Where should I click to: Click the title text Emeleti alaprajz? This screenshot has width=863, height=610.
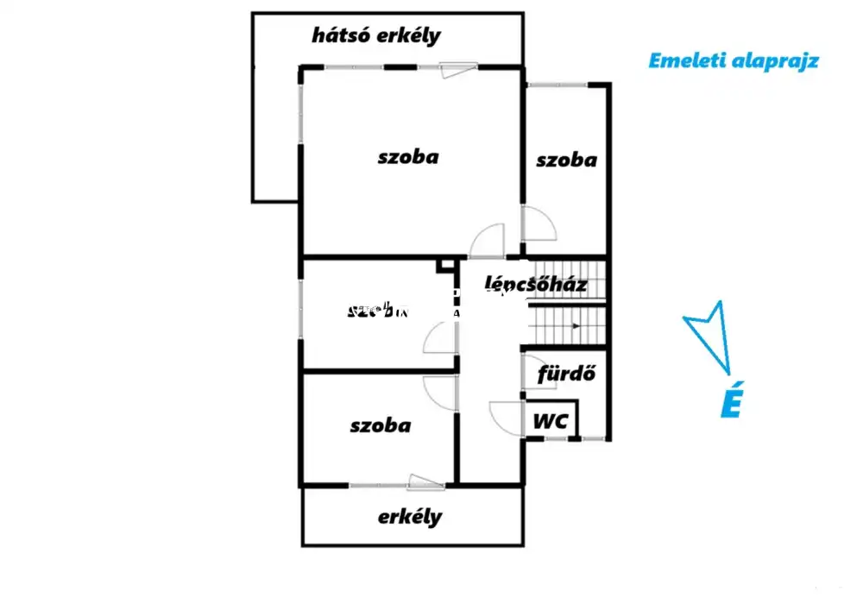coord(733,60)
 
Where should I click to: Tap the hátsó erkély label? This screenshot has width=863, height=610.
coord(376,36)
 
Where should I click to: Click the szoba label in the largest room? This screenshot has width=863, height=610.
coord(408,157)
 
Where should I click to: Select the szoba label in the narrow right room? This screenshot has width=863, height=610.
coord(566,160)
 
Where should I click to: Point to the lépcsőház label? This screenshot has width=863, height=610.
coord(536,284)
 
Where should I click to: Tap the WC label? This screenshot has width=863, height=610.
coord(551,422)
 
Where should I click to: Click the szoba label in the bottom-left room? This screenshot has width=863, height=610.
coord(381,425)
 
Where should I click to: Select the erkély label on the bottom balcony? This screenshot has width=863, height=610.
coord(410,517)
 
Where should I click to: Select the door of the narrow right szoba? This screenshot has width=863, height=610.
coord(539,223)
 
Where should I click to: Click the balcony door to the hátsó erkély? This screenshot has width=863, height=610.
coord(457,69)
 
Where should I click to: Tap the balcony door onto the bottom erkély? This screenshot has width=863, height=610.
coord(426,482)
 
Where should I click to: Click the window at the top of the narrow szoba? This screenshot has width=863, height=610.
coord(557,84)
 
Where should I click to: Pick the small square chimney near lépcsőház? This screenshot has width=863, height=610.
coord(446,265)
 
